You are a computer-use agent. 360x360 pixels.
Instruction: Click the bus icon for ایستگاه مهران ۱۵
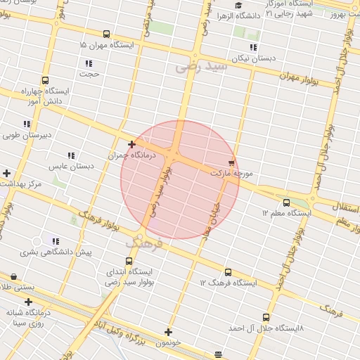[x=106, y=34]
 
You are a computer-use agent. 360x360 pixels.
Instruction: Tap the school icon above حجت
[x=89, y=63]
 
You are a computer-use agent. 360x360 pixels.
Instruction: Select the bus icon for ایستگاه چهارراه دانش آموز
[x=46, y=81]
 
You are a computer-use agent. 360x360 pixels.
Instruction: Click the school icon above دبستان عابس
[x=71, y=155]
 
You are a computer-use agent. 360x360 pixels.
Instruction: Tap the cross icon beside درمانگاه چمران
[x=131, y=144]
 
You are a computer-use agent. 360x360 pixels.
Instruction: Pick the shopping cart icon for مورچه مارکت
[x=232, y=162]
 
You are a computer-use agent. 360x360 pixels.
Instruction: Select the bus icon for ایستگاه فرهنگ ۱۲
[x=228, y=272]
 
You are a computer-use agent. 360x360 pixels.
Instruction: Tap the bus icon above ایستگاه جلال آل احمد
[x=266, y=318]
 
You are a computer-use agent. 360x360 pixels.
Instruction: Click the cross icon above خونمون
[x=168, y=332]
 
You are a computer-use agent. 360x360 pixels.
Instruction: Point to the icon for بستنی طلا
[x=13, y=276]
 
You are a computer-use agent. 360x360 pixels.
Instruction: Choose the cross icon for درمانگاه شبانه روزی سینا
[x=28, y=302]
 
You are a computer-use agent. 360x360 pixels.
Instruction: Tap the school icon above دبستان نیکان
[x=253, y=48]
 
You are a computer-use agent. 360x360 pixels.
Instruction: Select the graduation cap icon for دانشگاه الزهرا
[x=239, y=6]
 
